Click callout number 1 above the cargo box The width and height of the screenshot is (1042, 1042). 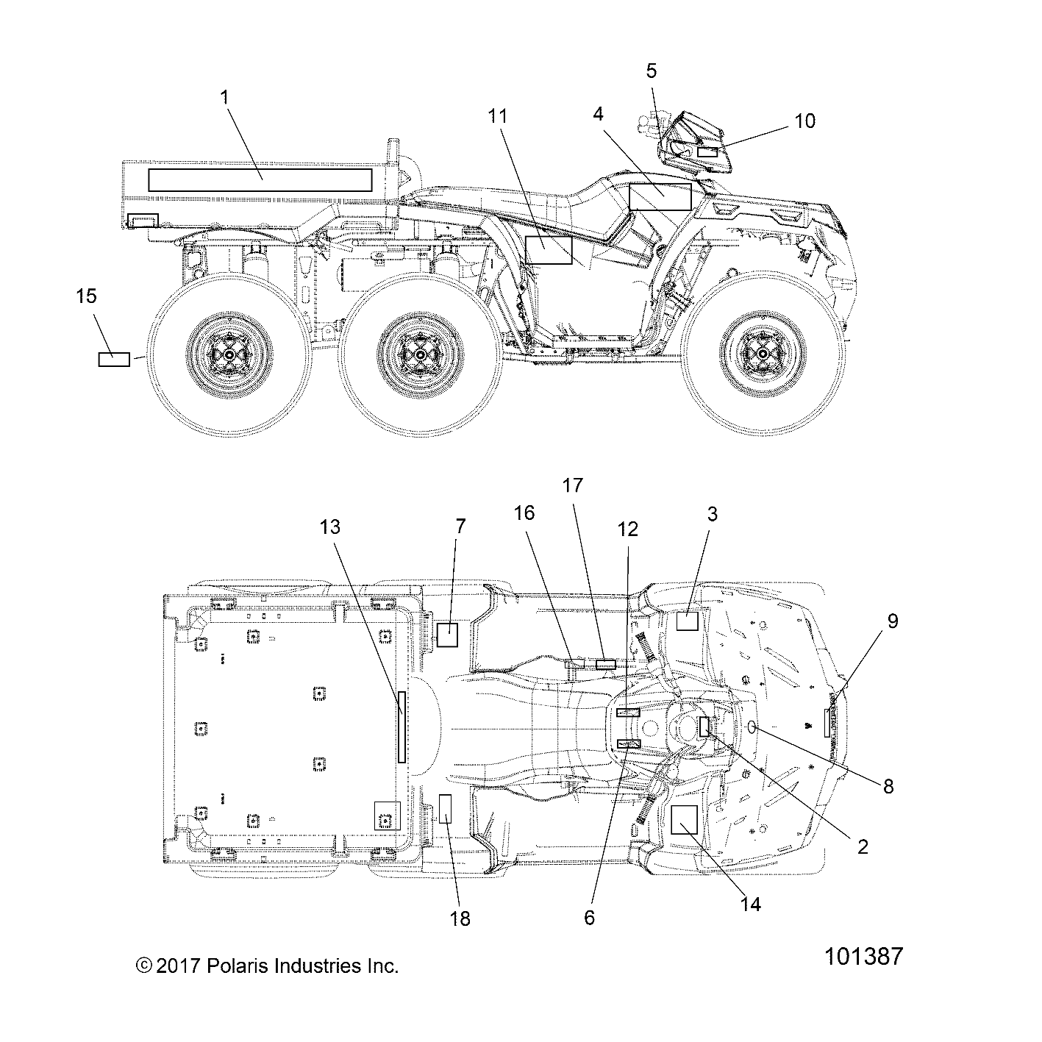pos(224,96)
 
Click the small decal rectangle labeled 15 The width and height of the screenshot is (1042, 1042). pos(114,359)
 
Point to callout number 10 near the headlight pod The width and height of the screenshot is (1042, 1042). pos(805,121)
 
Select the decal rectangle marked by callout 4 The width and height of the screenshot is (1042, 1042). pos(660,197)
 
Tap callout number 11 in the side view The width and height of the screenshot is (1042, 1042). pos(498,115)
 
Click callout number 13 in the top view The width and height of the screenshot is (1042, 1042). pos(331,527)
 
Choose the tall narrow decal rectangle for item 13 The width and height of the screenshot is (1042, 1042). pos(402,727)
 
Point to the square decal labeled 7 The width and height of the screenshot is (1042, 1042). pos(447,634)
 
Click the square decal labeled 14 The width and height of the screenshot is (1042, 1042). pos(684,818)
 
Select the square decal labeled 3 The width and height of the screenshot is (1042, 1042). pos(687,621)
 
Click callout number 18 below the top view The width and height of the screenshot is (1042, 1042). pos(460,918)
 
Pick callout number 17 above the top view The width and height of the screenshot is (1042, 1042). pos(572,485)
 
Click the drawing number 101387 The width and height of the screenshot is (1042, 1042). pos(863,957)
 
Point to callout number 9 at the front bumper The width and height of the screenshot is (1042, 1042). pos(892,621)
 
